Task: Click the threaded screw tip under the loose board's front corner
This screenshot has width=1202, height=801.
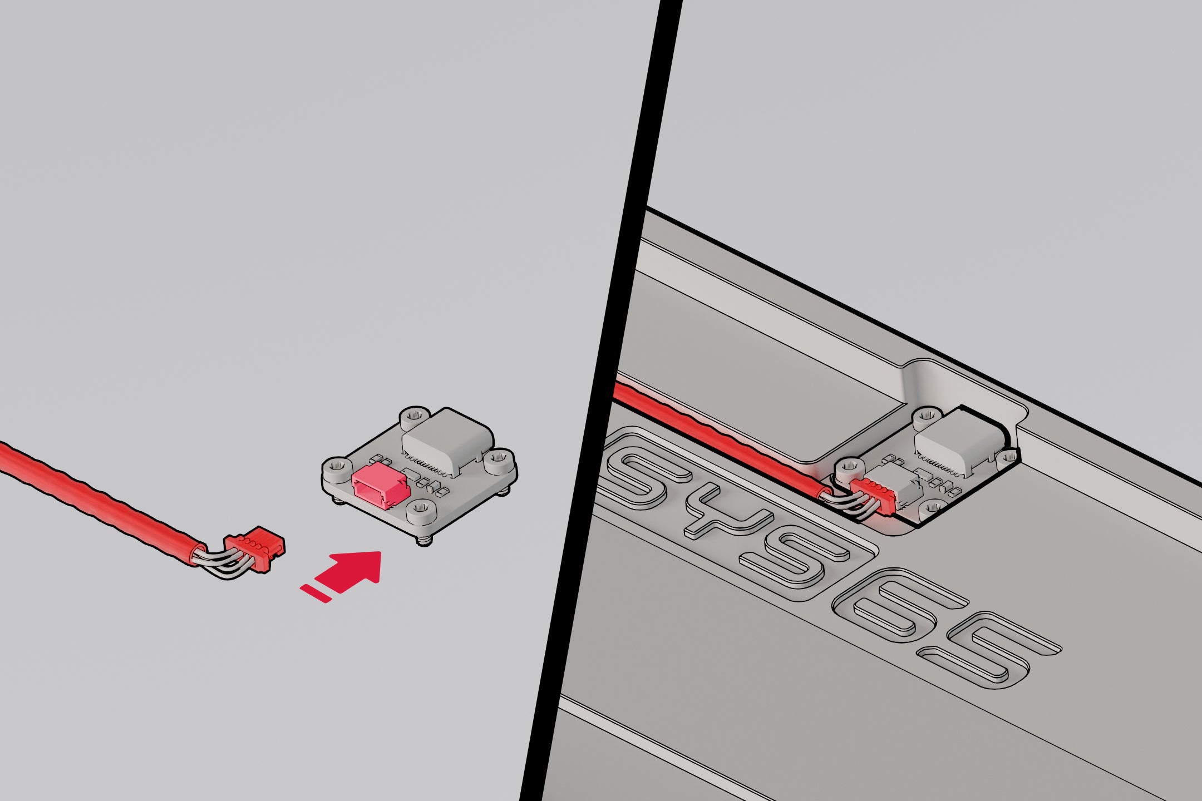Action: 425,540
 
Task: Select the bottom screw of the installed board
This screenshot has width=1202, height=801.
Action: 933,507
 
